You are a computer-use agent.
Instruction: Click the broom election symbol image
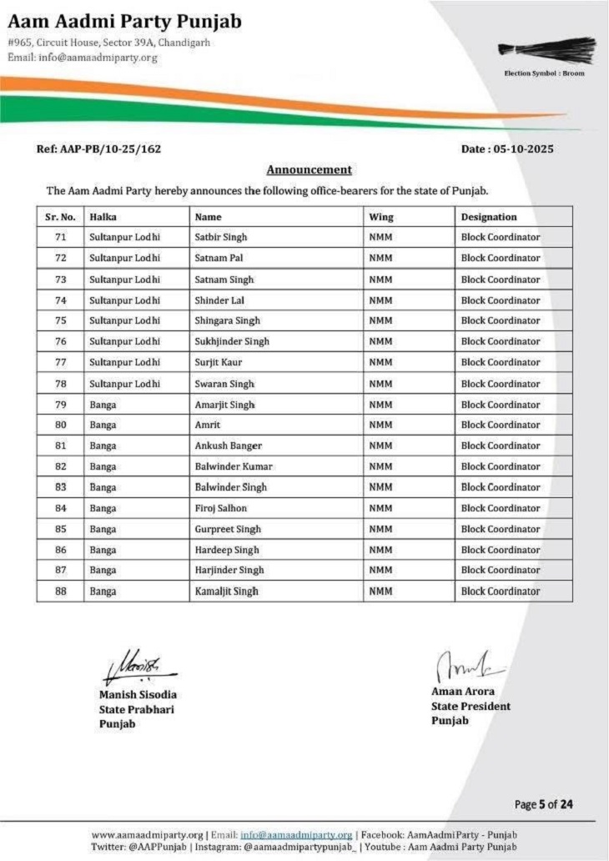point(547,50)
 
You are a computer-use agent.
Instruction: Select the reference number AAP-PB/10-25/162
point(98,149)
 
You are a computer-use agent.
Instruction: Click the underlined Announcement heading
point(309,169)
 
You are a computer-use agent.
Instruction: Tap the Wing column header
point(381,217)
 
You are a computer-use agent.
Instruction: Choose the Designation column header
point(489,217)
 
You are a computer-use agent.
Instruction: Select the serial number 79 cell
point(60,404)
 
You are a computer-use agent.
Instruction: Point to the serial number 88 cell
point(60,591)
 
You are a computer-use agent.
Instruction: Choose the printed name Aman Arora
point(462,692)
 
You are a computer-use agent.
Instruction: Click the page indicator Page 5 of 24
point(544,804)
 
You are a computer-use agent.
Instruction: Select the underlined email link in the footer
point(296,834)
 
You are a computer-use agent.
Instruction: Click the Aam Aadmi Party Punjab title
point(124,21)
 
